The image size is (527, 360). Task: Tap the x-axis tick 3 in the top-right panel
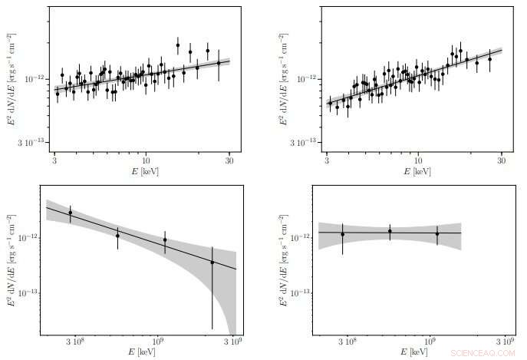point(328,163)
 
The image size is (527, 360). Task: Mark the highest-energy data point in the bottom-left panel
point(212,263)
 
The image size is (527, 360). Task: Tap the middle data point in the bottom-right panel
point(390,231)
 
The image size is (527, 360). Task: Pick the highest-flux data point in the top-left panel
point(178,45)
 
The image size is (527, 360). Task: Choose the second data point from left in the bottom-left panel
point(117,236)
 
